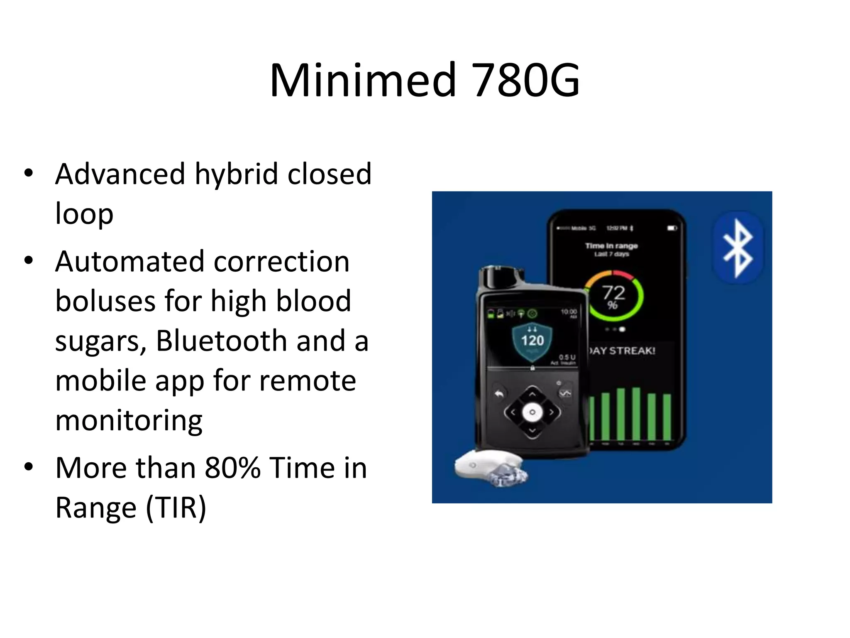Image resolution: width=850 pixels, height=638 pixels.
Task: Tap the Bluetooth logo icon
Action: pos(738,248)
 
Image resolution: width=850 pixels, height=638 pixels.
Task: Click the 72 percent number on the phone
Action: pos(613,293)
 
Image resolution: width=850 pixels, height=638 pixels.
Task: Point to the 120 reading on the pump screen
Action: pos(532,341)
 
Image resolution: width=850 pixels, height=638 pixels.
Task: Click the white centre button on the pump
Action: pos(532,412)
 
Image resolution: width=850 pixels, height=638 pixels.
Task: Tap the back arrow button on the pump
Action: pos(499,394)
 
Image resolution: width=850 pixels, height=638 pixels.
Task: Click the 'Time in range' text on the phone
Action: pos(611,246)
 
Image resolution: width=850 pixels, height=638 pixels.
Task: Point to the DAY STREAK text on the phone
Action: pos(623,351)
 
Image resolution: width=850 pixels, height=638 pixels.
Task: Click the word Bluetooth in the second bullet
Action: pos(222,341)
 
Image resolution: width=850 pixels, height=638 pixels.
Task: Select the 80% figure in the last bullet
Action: pos(232,468)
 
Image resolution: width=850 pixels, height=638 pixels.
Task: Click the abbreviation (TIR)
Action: pos(176,508)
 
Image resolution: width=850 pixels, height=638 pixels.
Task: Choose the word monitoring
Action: pos(129,420)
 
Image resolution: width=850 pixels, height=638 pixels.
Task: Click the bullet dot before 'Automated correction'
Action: pos(28,261)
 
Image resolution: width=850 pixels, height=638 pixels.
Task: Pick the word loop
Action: pos(84,213)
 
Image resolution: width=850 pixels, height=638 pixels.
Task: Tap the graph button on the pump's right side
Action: pos(565,393)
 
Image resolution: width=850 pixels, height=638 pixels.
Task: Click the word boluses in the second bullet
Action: pos(106,301)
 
